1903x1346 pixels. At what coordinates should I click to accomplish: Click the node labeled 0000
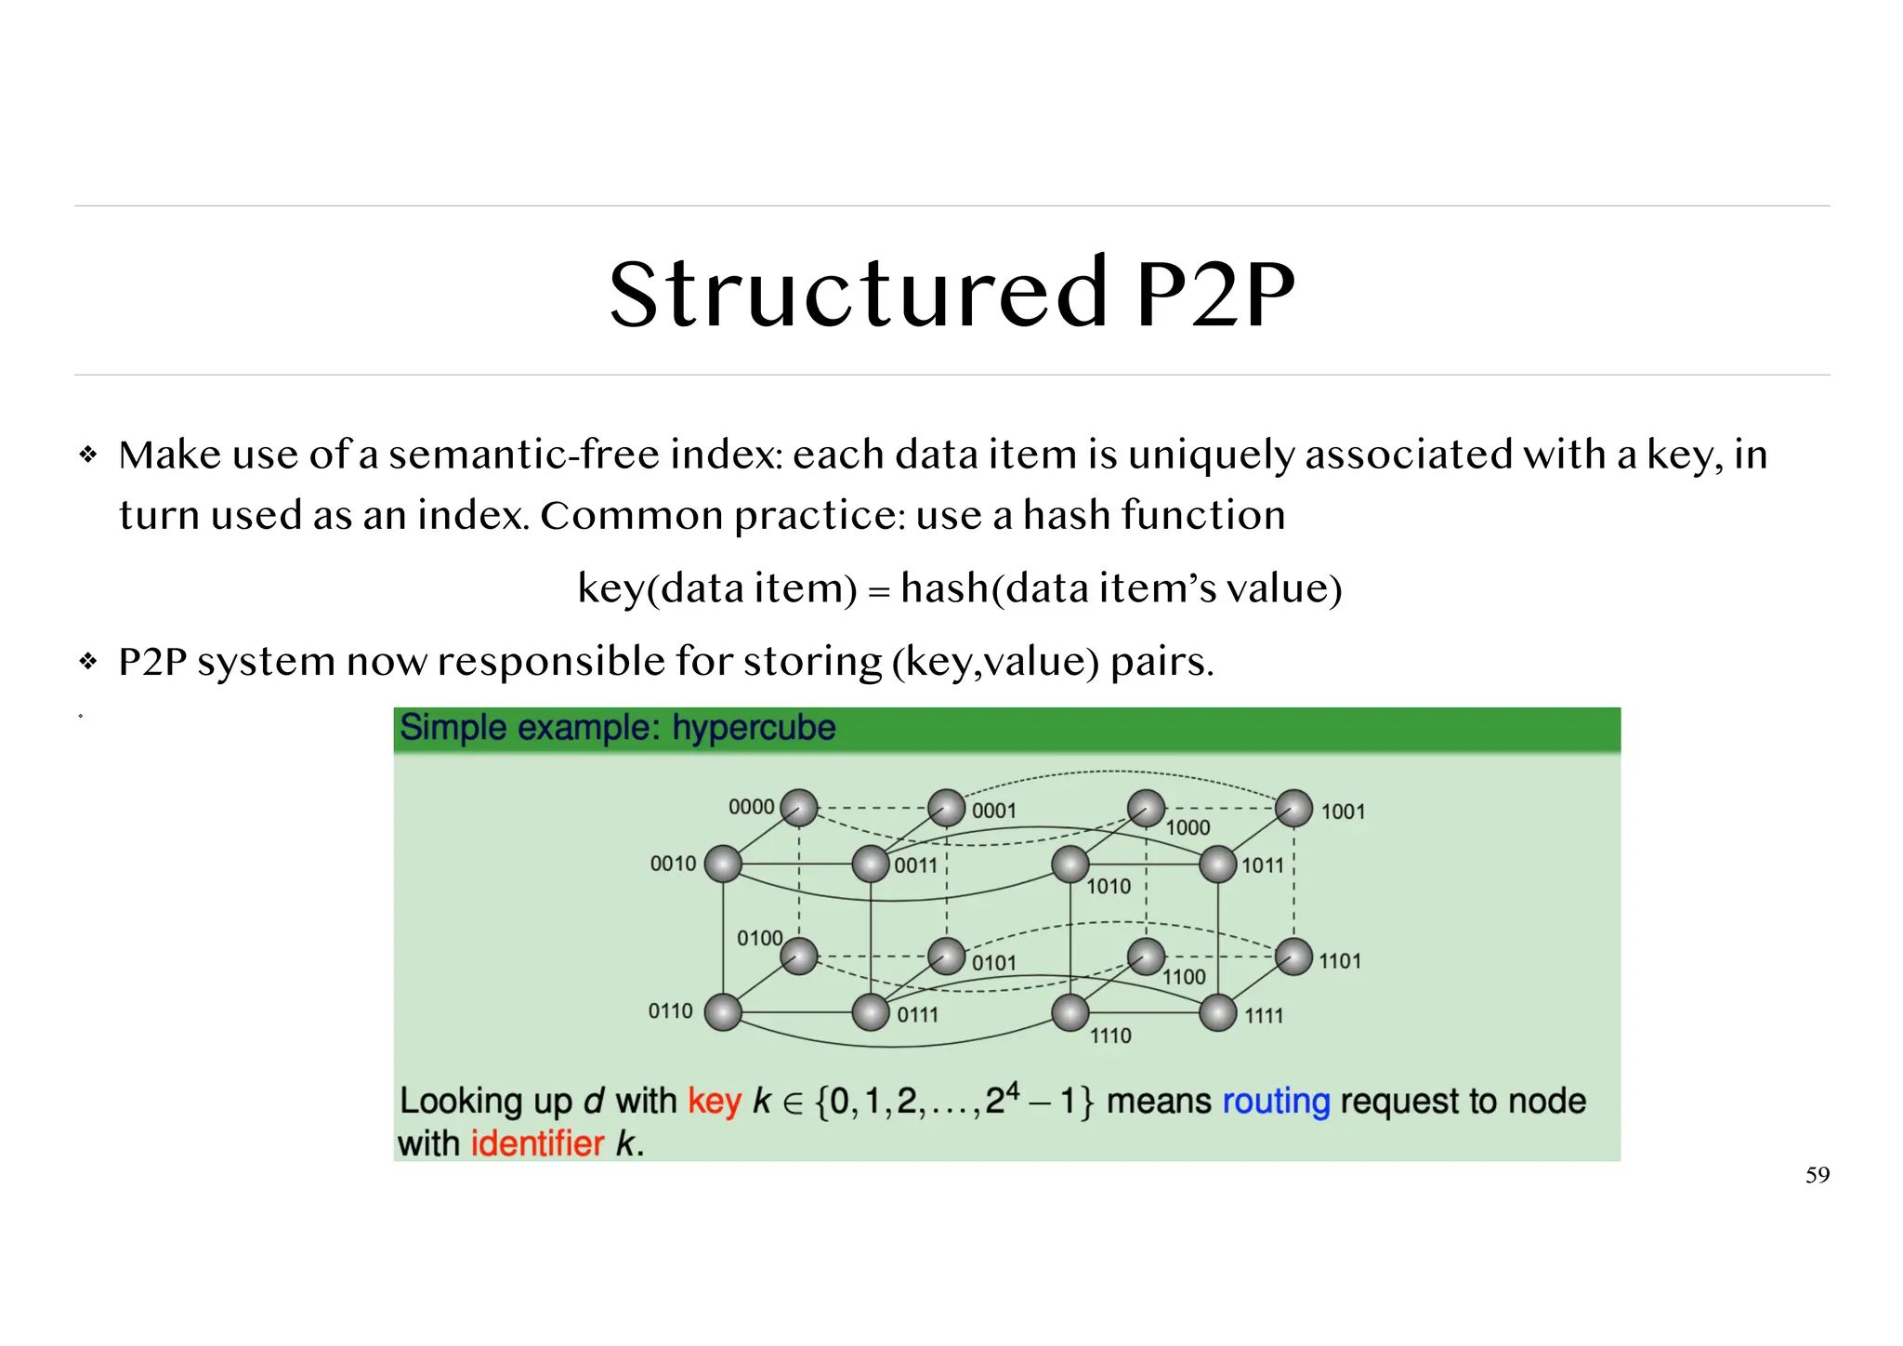click(799, 808)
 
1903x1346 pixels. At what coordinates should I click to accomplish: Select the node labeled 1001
click(1293, 809)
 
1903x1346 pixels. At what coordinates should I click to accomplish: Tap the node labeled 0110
click(723, 1012)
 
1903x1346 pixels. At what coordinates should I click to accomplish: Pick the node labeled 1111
click(1217, 1013)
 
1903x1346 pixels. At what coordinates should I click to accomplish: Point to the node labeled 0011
click(871, 864)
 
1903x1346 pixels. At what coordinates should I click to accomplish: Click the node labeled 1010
click(1070, 864)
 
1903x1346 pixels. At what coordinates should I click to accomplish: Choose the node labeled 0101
click(947, 957)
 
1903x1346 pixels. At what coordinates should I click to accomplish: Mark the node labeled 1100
click(1146, 957)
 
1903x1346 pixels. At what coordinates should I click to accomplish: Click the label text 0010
click(673, 864)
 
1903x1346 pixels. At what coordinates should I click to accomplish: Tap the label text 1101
click(1340, 961)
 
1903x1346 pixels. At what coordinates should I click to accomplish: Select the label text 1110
click(1110, 1036)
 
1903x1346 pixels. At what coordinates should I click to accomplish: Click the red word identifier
click(537, 1143)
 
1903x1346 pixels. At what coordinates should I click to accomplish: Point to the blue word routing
click(1276, 1102)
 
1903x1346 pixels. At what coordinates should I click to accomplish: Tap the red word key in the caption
click(714, 1102)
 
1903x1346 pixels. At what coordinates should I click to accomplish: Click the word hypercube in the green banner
click(754, 728)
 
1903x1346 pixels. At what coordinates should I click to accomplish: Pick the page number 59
click(1817, 1175)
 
